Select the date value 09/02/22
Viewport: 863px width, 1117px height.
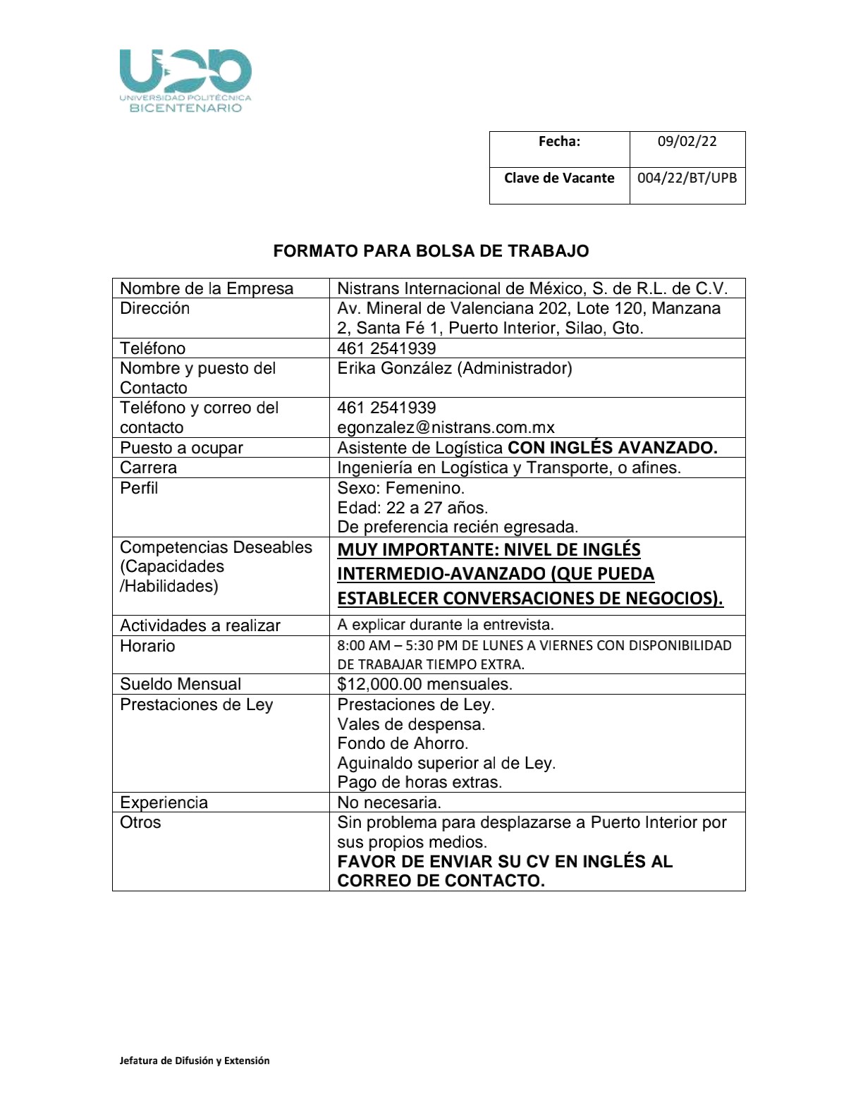coord(687,142)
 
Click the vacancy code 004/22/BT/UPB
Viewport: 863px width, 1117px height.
coord(687,178)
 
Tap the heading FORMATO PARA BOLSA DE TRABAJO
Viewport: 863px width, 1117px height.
coord(431,251)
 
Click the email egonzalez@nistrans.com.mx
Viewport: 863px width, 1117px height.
coord(446,427)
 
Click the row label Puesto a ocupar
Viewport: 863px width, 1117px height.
coord(181,448)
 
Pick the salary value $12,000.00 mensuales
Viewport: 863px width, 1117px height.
coord(424,684)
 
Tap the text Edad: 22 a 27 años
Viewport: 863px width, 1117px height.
coord(412,508)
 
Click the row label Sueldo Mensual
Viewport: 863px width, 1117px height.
coord(180,684)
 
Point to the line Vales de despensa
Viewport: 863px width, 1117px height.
coord(411,724)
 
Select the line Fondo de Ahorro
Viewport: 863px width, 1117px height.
coord(403,743)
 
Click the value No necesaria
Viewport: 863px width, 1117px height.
coord(389,802)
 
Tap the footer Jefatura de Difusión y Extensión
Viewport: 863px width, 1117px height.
coord(195,1061)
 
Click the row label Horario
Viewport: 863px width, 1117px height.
coord(147,646)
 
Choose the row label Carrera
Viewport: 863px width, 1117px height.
coord(148,468)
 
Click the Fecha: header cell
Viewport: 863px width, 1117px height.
coord(559,142)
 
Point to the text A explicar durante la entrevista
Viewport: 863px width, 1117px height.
coord(446,625)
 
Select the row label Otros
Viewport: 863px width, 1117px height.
coord(140,822)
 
